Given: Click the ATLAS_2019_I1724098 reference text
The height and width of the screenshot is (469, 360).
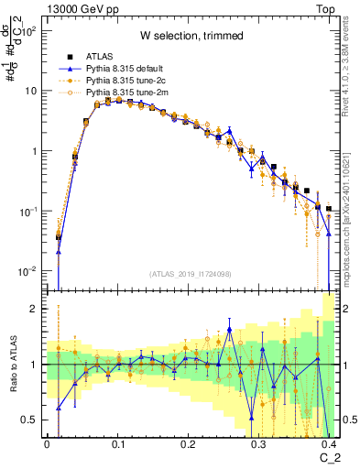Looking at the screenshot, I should click(x=191, y=274).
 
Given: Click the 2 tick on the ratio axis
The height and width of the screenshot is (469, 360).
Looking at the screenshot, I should click(x=37, y=310).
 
